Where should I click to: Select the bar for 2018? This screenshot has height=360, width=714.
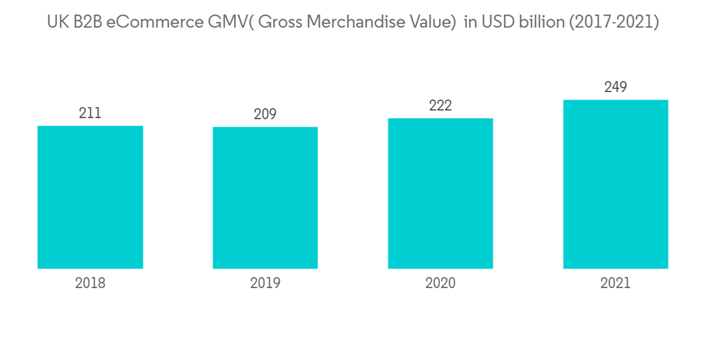[x=90, y=197]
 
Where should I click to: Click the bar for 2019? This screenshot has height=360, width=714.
[x=265, y=198]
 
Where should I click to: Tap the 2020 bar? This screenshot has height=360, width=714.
[x=441, y=194]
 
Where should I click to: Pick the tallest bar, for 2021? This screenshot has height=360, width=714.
[x=615, y=184]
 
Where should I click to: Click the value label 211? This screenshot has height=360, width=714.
[x=90, y=113]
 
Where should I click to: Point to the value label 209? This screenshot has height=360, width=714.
[x=265, y=114]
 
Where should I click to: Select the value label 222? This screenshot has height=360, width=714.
[x=441, y=106]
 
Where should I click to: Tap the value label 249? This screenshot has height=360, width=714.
[x=615, y=87]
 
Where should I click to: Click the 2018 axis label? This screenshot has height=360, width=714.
[x=90, y=283]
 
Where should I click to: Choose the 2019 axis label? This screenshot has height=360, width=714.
[x=265, y=283]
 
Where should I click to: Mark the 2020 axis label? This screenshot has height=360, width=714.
[x=441, y=283]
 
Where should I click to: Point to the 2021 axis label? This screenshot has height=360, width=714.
[x=615, y=283]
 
